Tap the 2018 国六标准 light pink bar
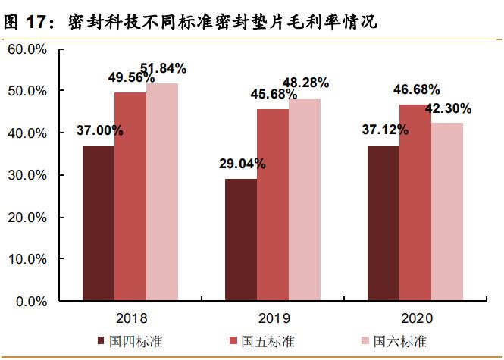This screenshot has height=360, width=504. pos(162,192)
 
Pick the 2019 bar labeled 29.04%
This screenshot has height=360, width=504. pos(241,239)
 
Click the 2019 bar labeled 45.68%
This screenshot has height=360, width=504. pos(273,205)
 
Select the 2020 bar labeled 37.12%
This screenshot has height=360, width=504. pos(383,223)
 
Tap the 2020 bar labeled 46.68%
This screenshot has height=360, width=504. pos(415,202)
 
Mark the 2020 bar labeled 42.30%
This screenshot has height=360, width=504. pos(447,211)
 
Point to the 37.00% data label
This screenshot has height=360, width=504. pos(99,130)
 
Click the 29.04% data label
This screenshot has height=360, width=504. pos(242,164)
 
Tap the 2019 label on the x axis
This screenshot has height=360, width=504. pos(273,317)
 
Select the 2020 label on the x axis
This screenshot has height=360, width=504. pos(415,317)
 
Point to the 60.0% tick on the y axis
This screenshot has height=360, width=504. pos(28,49)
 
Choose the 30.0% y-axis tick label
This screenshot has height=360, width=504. pos(28,175)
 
